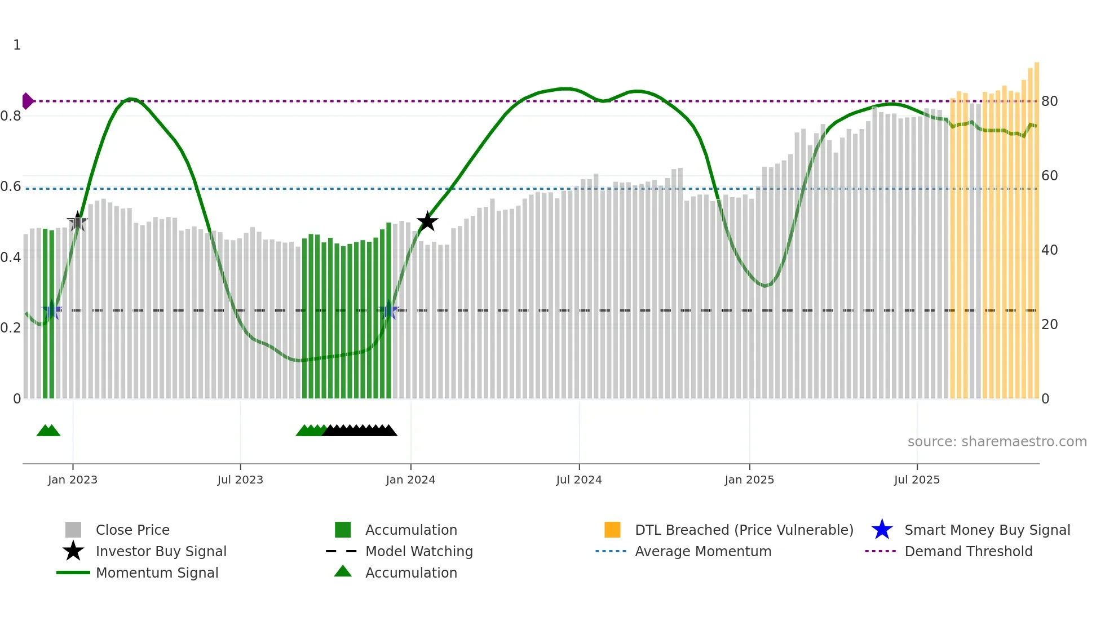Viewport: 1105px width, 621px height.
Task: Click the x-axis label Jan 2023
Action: tap(73, 480)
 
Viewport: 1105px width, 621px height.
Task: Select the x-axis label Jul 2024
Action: tap(579, 480)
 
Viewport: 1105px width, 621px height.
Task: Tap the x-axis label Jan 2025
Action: tap(749, 480)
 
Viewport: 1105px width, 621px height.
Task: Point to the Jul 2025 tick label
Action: tap(917, 480)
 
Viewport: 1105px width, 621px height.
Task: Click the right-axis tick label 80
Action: tap(1049, 101)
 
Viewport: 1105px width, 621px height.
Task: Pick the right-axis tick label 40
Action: tap(1049, 250)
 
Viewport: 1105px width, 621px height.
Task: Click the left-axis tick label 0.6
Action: tap(11, 187)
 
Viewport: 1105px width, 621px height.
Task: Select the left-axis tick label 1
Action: tap(17, 45)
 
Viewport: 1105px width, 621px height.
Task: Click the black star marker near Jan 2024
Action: tap(427, 221)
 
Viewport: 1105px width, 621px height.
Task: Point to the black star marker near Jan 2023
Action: tap(77, 221)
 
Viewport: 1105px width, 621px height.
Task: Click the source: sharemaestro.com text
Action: tap(997, 442)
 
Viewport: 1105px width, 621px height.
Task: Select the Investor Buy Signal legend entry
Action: tap(161, 551)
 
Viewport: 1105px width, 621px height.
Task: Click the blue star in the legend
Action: tap(882, 530)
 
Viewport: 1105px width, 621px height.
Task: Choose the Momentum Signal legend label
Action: tap(157, 573)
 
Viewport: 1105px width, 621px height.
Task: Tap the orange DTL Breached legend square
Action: tap(612, 530)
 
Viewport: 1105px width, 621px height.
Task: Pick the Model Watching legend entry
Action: tap(419, 551)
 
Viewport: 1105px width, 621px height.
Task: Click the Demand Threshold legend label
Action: tap(968, 551)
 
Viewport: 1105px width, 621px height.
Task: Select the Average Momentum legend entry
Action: tap(703, 551)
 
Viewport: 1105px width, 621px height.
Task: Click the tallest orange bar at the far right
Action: tap(1037, 225)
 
